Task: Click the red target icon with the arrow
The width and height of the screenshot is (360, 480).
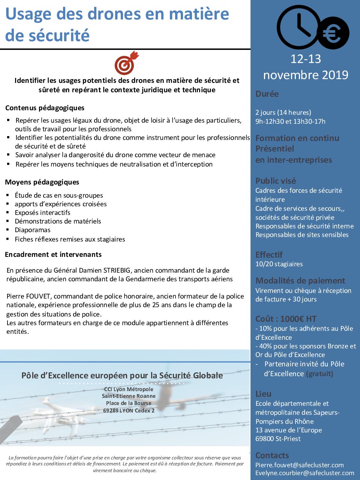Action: [x=126, y=63]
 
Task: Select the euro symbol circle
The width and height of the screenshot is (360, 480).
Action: [x=333, y=33]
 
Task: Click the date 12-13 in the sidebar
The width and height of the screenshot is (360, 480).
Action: [x=306, y=59]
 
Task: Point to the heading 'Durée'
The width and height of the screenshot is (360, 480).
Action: [x=267, y=94]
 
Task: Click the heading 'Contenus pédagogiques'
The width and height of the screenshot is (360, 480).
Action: [x=45, y=108]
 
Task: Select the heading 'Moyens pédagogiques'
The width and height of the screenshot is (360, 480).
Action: [x=42, y=182]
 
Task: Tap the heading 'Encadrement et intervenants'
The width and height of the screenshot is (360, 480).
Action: [x=53, y=255]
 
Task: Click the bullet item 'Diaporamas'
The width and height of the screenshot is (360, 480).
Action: [x=33, y=230]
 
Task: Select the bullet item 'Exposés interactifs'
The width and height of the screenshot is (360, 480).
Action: [x=42, y=213]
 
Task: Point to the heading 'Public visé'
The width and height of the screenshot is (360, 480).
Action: [x=276, y=181]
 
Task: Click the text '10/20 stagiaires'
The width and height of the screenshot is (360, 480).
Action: [x=279, y=264]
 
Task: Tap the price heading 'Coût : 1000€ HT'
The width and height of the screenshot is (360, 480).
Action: [x=286, y=319]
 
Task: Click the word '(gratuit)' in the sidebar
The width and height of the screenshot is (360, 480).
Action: [x=319, y=374]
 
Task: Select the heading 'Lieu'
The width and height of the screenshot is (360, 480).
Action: [x=263, y=394]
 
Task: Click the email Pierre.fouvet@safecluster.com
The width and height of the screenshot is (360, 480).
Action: [x=299, y=465]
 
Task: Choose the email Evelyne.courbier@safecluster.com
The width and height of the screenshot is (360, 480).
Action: [x=304, y=473]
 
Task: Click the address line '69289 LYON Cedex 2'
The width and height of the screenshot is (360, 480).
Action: [x=129, y=411]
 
